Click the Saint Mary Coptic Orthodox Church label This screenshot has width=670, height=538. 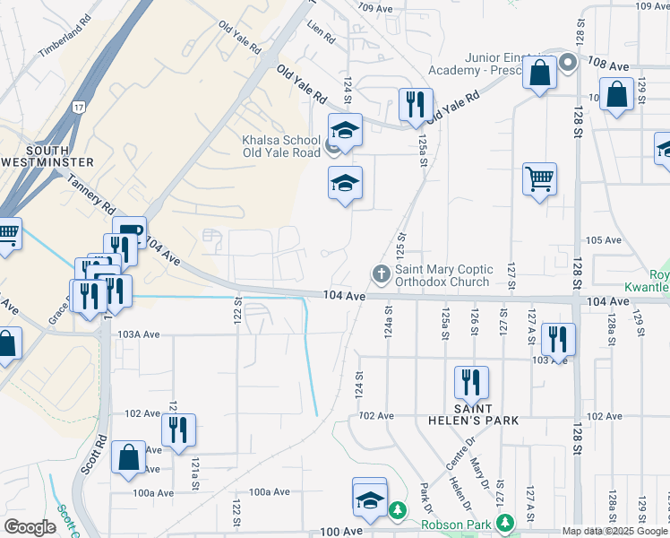pos(443,275)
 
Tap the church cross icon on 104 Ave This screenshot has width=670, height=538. pos(380,273)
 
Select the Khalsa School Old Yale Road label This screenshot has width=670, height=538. pos(281,146)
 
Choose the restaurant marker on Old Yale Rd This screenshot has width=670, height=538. pos(416,106)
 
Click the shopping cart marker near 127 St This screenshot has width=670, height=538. pos(539,179)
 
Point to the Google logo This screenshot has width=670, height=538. pos(30,527)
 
